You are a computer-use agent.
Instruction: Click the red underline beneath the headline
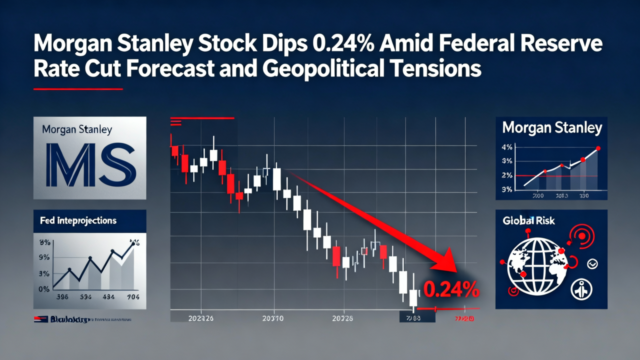[x=77, y=89]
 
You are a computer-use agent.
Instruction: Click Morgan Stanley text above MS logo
[x=77, y=130]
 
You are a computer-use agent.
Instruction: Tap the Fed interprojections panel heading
[x=78, y=220]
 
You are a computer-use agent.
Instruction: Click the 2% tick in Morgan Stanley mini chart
[x=506, y=175]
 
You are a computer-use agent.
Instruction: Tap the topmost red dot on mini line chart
[x=598, y=148]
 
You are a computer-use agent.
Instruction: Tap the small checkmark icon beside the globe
[x=593, y=264]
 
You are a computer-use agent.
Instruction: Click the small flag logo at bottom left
[x=41, y=318]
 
